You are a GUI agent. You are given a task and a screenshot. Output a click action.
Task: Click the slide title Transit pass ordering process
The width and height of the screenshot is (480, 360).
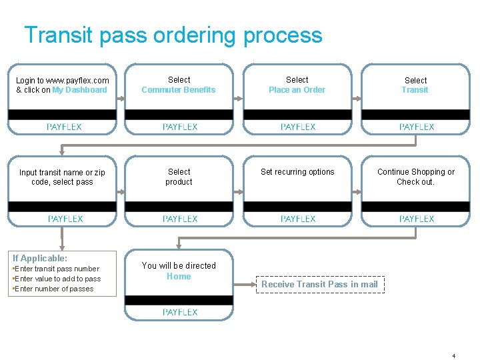pos(173,35)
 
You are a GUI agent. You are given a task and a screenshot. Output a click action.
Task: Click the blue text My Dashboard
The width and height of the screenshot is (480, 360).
pos(79,90)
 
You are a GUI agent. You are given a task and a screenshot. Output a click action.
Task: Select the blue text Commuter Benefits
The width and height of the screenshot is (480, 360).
pos(179,90)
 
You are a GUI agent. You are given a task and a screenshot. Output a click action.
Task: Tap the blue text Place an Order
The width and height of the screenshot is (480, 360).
pos(297,90)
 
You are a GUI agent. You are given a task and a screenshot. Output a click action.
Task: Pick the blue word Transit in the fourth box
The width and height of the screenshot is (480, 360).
pos(415,90)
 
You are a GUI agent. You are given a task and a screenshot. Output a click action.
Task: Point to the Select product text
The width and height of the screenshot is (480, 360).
pos(179,177)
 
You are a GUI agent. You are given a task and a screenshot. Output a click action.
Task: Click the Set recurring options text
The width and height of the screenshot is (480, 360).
pos(297,172)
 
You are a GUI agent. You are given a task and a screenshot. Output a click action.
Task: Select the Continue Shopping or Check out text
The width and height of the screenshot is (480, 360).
pos(415,177)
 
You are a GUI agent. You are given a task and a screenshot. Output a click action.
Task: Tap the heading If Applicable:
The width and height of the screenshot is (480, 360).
pos(40,258)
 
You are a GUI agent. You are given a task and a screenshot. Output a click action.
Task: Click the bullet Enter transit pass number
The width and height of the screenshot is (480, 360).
pos(57,269)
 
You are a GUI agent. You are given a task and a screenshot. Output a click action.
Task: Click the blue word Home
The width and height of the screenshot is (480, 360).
pos(179,277)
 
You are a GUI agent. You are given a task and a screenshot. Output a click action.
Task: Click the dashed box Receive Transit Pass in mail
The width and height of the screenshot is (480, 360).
pos(319,284)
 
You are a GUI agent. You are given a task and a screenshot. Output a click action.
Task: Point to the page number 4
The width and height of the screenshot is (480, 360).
pos(453,356)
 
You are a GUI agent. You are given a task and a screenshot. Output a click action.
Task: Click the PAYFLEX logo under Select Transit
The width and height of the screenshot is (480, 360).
pos(417,127)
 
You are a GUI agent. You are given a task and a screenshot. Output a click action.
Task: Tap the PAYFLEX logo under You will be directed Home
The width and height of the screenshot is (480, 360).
pos(180,312)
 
